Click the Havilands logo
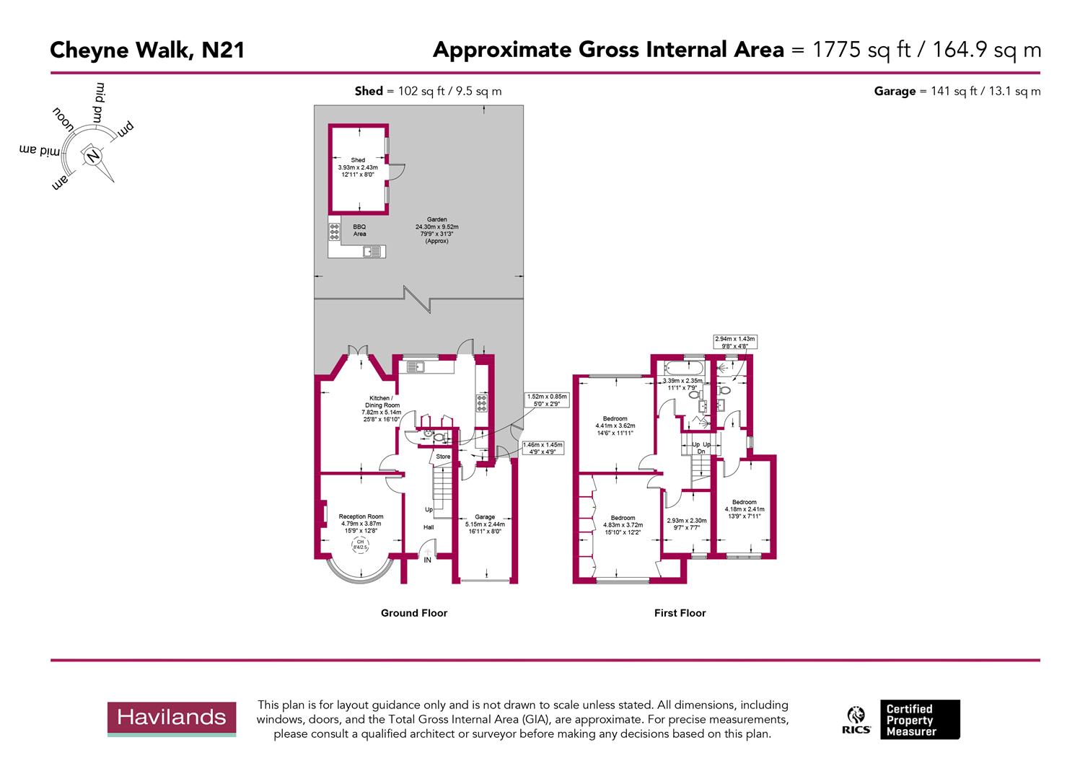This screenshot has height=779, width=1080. tap(172, 718)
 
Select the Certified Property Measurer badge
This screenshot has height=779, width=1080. tap(919, 720)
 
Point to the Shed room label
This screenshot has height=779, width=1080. tap(358, 160)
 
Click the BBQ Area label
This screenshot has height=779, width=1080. tap(359, 230)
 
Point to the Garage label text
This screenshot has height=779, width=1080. tap(485, 516)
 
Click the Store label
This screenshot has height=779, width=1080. tap(443, 457)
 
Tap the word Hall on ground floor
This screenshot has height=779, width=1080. tap(429, 527)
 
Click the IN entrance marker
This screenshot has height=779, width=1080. tap(428, 560)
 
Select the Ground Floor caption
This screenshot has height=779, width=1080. tap(414, 613)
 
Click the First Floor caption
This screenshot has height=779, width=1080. tap(680, 613)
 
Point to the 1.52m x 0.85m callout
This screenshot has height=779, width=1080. tap(548, 400)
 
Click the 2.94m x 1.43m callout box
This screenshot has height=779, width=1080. tap(734, 342)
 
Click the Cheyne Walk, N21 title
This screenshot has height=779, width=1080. tap(147, 50)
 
